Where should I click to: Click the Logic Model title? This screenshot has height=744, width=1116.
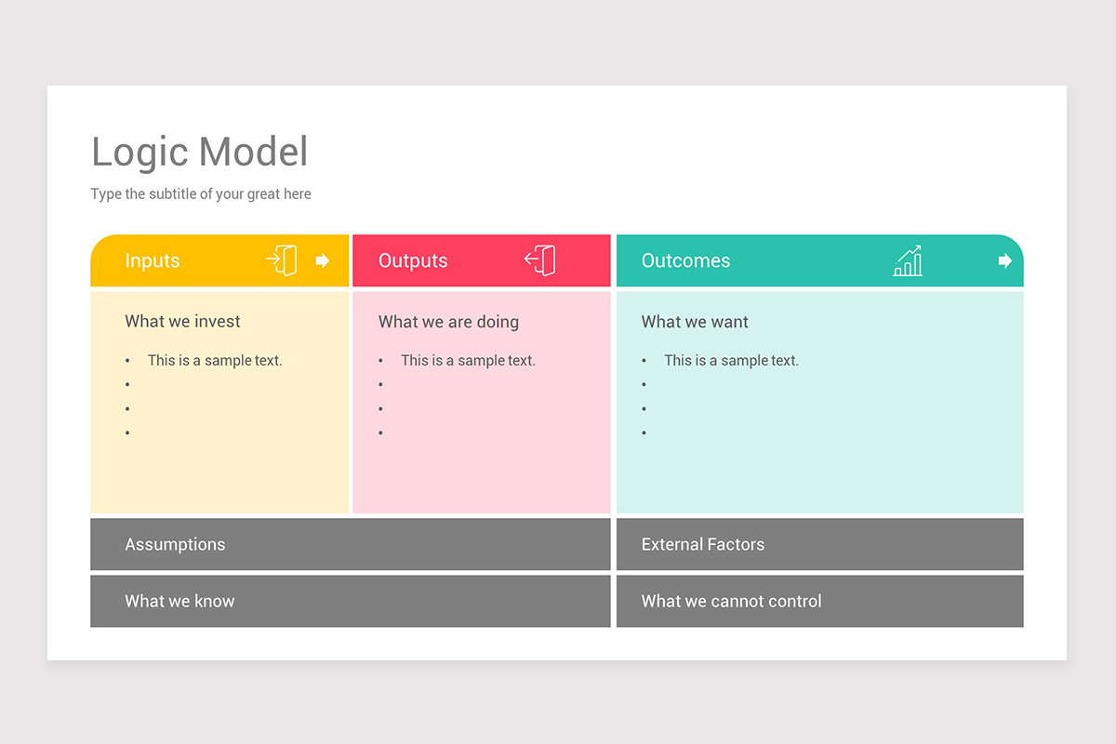[199, 153]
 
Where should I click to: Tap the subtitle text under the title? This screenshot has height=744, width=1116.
[201, 194]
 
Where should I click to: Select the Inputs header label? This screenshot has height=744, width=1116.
[153, 261]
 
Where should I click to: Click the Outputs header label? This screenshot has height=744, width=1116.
[413, 261]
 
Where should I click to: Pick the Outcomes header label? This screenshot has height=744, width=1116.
[685, 261]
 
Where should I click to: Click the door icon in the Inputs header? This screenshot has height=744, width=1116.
[282, 260]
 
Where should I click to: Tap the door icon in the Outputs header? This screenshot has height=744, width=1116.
[540, 260]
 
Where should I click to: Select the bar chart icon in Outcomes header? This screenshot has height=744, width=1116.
[908, 261]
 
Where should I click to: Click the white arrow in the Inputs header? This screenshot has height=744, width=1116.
[323, 261]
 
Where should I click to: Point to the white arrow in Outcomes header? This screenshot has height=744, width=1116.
[1004, 261]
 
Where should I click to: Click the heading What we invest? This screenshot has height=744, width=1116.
[182, 322]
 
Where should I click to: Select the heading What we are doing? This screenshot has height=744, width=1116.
[448, 322]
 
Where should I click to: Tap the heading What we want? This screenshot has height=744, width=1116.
[695, 322]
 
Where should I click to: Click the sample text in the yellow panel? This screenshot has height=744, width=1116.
[215, 361]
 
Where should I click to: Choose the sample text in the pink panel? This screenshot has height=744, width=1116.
[468, 361]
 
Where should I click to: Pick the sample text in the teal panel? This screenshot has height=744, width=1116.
[731, 361]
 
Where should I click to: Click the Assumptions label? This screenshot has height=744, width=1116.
[175, 545]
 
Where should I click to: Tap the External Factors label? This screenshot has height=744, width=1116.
[703, 545]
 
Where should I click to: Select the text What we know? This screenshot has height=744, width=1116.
[179, 602]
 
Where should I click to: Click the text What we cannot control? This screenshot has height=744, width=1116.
[731, 602]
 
